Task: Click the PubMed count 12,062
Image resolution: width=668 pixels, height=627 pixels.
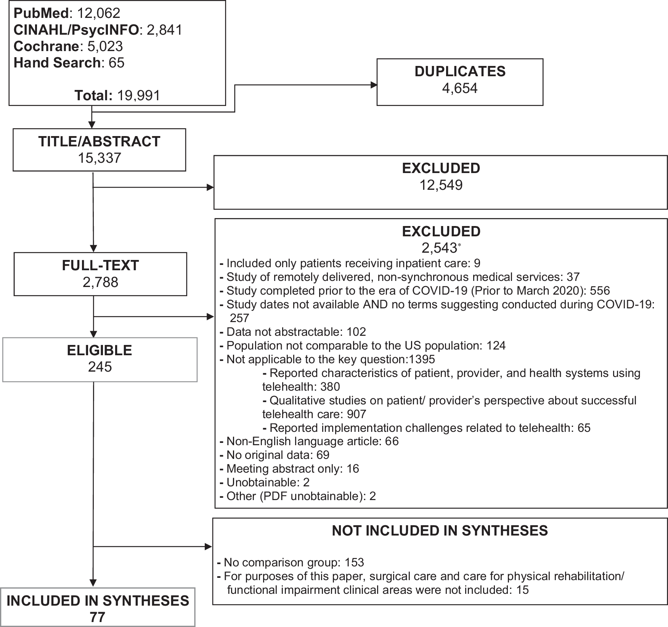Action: pyautogui.click(x=99, y=13)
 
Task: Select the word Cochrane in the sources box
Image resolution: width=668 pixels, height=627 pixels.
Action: pyautogui.click(x=46, y=47)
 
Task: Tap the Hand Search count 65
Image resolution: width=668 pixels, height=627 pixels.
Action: pyautogui.click(x=116, y=63)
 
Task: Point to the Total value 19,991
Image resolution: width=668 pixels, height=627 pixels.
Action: pyautogui.click(x=139, y=95)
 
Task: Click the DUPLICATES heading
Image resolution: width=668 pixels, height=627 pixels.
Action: pyautogui.click(x=460, y=72)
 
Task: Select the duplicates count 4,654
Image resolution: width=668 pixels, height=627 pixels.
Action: pyautogui.click(x=460, y=88)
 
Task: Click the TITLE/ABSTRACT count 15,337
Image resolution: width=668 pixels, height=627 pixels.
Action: pyautogui.click(x=100, y=158)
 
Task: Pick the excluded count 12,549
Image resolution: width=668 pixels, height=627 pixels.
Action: pyautogui.click(x=441, y=185)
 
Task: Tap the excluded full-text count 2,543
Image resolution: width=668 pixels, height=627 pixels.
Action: pyautogui.click(x=439, y=249)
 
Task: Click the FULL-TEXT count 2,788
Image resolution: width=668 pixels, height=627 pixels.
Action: pyautogui.click(x=100, y=282)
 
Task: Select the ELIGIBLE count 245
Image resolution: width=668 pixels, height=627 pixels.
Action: pyautogui.click(x=100, y=367)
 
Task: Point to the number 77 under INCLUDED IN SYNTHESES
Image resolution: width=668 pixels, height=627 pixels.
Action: pyautogui.click(x=98, y=617)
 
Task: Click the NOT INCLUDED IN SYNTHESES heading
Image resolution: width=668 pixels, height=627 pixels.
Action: pyautogui.click(x=440, y=531)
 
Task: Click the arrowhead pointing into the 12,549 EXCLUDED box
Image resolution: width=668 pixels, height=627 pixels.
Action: pyautogui.click(x=210, y=187)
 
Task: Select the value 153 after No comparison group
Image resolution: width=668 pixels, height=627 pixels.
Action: pyautogui.click(x=354, y=563)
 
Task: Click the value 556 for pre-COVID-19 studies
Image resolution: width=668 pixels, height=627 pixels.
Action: pyautogui.click(x=600, y=291)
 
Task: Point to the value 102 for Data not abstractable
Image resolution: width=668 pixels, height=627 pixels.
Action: pyautogui.click(x=356, y=332)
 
